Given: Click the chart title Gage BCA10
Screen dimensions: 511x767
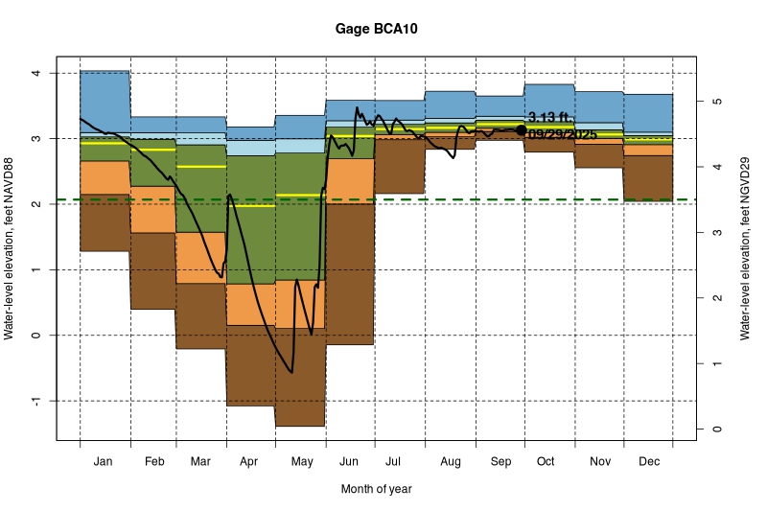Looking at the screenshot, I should pos(376,29).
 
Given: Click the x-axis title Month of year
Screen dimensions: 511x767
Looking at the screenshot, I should pos(376,489).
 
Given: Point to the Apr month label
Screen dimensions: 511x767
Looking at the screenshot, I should pos(249,462).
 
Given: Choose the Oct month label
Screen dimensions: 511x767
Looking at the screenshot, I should pos(546,462).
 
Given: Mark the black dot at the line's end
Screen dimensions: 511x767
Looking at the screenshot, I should pos(522,129).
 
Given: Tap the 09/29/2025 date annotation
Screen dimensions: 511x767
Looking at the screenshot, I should pos(563,135).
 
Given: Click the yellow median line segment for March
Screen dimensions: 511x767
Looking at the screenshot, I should pos(201,167).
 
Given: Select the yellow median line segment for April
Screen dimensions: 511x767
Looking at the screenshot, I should pos(250,205).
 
